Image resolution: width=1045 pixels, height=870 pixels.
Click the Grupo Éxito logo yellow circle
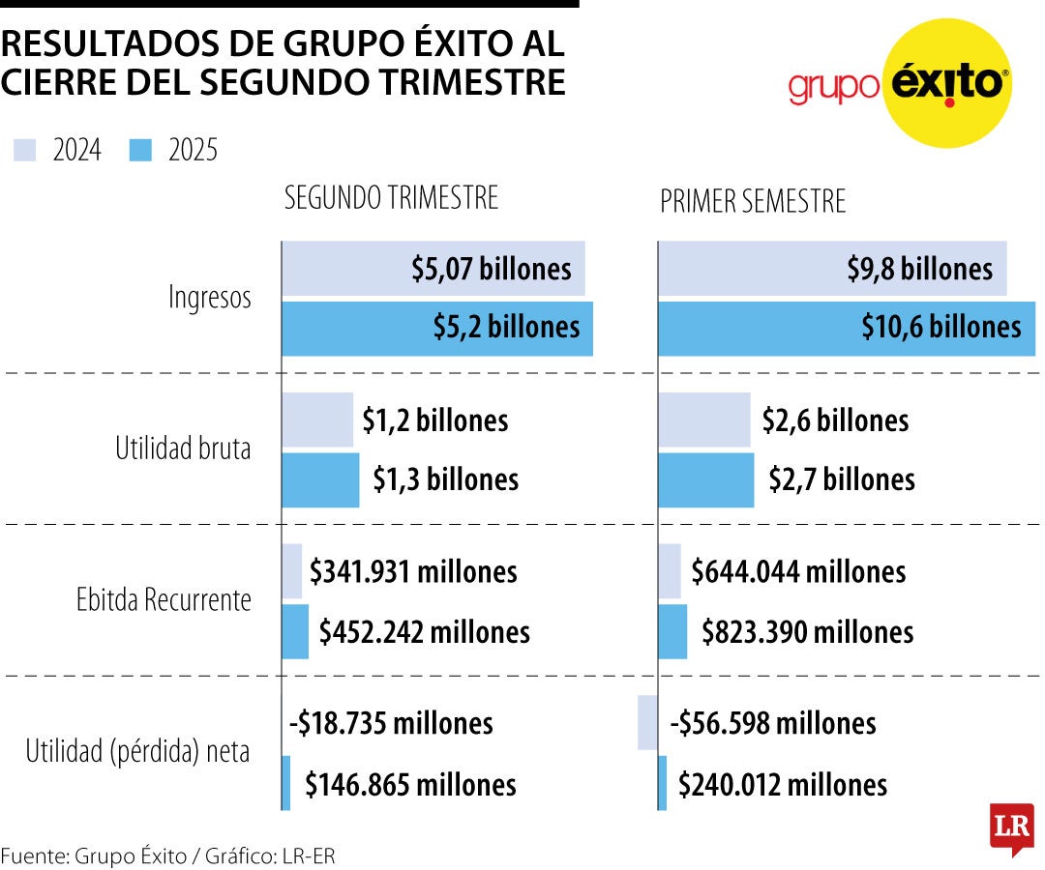[x=942, y=82]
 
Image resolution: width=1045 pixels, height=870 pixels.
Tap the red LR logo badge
[x=1011, y=827]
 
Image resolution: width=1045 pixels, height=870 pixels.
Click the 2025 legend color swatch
[x=140, y=150]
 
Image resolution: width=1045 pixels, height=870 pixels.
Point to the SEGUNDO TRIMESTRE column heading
[x=391, y=197]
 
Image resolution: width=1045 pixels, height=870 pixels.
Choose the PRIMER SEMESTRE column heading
[x=753, y=201]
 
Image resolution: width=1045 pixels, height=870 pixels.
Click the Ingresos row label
[x=209, y=297]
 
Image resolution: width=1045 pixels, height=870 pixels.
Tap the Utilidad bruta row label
[x=183, y=449]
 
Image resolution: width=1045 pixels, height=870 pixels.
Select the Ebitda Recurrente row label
[x=164, y=600]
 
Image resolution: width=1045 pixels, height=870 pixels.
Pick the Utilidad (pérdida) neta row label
[x=137, y=751]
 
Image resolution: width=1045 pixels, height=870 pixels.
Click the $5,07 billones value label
[x=491, y=269]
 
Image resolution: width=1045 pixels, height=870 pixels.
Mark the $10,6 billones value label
[x=940, y=327]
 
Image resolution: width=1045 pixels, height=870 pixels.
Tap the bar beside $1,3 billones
[x=320, y=479]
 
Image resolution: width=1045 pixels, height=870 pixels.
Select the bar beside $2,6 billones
[x=703, y=420]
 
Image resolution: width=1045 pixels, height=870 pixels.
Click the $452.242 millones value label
[x=425, y=632]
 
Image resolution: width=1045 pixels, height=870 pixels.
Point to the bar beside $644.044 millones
[x=670, y=571]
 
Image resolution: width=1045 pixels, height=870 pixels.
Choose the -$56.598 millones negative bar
[x=647, y=722]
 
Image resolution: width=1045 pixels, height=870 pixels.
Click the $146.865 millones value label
[x=410, y=784]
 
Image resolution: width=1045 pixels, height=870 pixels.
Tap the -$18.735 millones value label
[x=391, y=723]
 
